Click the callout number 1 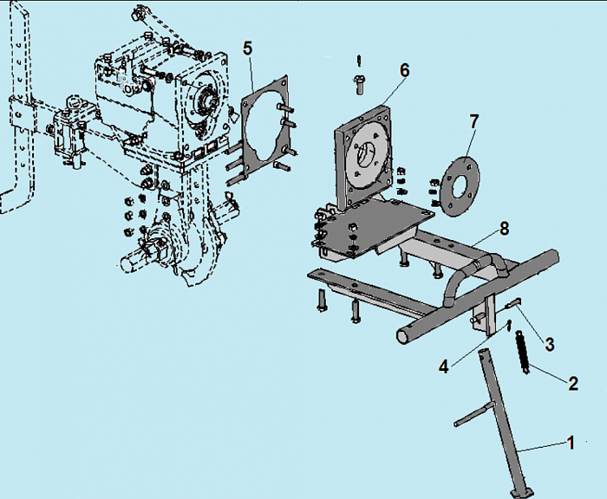tap(571, 443)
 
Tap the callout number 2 tap(573, 383)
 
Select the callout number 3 tap(549, 344)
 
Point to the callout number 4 tap(444, 366)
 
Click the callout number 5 tap(247, 49)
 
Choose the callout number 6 tap(404, 70)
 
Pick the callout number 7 tap(473, 122)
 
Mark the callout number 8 tap(504, 229)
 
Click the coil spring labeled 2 tap(523, 352)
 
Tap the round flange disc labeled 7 tap(460, 185)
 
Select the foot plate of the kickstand tap(522, 493)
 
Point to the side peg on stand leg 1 tap(473, 414)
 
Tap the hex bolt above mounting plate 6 tap(359, 84)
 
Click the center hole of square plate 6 tap(365, 155)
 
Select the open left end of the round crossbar tap(405, 337)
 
